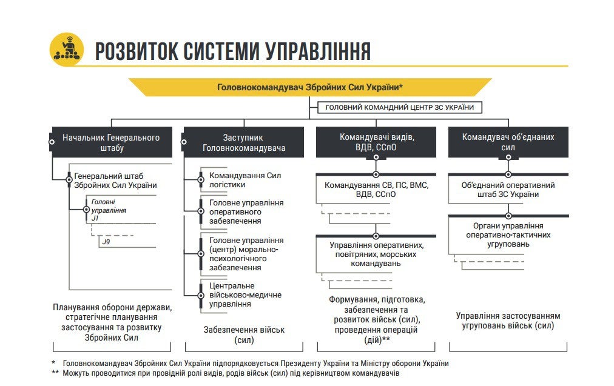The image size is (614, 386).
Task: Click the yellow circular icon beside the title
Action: (66, 50)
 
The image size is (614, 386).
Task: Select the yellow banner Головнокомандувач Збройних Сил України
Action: (310, 87)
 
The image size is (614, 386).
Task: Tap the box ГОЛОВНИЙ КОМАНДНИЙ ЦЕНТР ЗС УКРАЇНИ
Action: (400, 108)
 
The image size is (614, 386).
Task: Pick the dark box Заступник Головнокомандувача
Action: (244, 142)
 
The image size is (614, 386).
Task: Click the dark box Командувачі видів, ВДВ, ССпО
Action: (376, 142)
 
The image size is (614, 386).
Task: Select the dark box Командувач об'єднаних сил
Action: (508, 142)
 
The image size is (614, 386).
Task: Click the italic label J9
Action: (106, 242)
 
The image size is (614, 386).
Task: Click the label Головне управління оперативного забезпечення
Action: (246, 212)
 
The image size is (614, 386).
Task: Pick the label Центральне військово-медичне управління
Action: (245, 295)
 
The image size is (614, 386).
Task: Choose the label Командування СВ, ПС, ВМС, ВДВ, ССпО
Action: (376, 190)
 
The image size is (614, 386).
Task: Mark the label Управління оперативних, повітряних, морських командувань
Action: (376, 255)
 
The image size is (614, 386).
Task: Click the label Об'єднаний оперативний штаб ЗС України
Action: (508, 190)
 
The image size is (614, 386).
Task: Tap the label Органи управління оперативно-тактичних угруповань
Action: (508, 235)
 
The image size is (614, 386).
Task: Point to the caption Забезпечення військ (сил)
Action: (244, 334)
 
